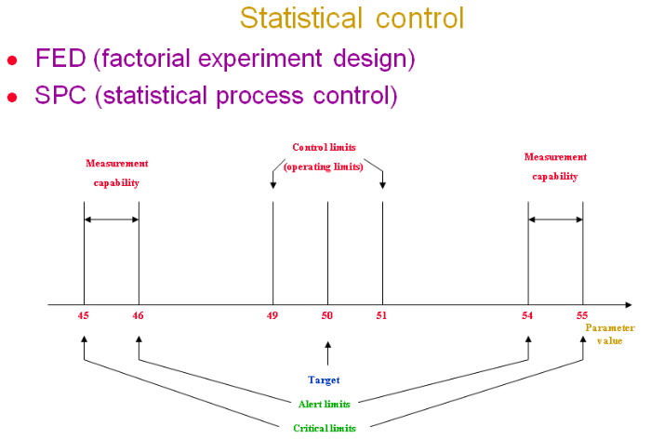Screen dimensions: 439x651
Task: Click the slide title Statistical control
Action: tap(352, 18)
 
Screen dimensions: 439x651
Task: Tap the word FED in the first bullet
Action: tap(61, 59)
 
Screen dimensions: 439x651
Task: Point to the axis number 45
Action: tap(84, 315)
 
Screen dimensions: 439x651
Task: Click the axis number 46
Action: tap(139, 315)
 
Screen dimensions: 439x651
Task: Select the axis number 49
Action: tap(272, 315)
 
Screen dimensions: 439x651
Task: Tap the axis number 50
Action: tap(327, 315)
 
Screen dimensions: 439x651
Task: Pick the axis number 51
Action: tap(382, 315)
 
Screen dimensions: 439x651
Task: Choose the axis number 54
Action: tap(527, 315)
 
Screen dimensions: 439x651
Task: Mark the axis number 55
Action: tap(583, 315)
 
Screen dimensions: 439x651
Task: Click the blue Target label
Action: tap(324, 379)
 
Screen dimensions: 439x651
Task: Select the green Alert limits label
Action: tap(325, 404)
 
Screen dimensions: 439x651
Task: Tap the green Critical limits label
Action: tap(325, 427)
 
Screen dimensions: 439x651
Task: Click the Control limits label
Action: tap(325, 147)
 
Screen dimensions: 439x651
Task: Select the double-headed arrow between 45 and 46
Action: tap(112, 219)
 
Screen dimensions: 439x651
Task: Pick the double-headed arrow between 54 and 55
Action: tap(555, 219)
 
